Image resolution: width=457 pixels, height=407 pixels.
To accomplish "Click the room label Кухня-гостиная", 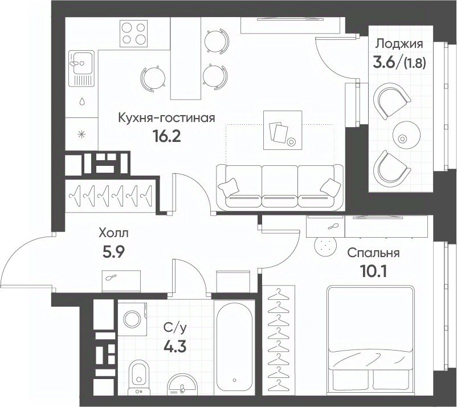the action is pos(166,118).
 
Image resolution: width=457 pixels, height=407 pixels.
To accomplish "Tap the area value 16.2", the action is pos(167,136).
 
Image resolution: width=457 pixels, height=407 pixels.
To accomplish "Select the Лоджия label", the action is pos(399,44).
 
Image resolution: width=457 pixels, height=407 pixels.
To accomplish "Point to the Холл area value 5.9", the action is pos(113,252).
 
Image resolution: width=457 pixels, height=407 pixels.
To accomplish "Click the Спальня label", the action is pos(373,253).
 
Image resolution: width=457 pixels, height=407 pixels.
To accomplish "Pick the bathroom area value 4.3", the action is pos(174,347).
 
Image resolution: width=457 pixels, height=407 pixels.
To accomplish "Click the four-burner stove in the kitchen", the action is pos(134,33).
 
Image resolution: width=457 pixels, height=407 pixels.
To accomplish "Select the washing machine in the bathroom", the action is pos(133,319).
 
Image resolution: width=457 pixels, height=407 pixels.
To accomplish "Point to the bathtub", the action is pos(234,345).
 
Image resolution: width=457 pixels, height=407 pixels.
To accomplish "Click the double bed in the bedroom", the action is pos(370,339).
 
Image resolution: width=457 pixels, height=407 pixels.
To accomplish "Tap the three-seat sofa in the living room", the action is pos(280,187).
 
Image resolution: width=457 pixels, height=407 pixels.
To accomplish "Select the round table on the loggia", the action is pos(406,135).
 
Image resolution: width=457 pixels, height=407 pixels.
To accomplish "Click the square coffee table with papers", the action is pos(283,130).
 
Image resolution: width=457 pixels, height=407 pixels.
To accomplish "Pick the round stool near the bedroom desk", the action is pos(325,247).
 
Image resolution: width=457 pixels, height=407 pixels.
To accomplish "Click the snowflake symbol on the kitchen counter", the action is pos(81,135).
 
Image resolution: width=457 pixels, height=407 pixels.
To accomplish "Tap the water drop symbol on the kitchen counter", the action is pos(83,101).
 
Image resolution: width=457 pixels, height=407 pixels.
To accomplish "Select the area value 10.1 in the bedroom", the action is pos(373,272).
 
